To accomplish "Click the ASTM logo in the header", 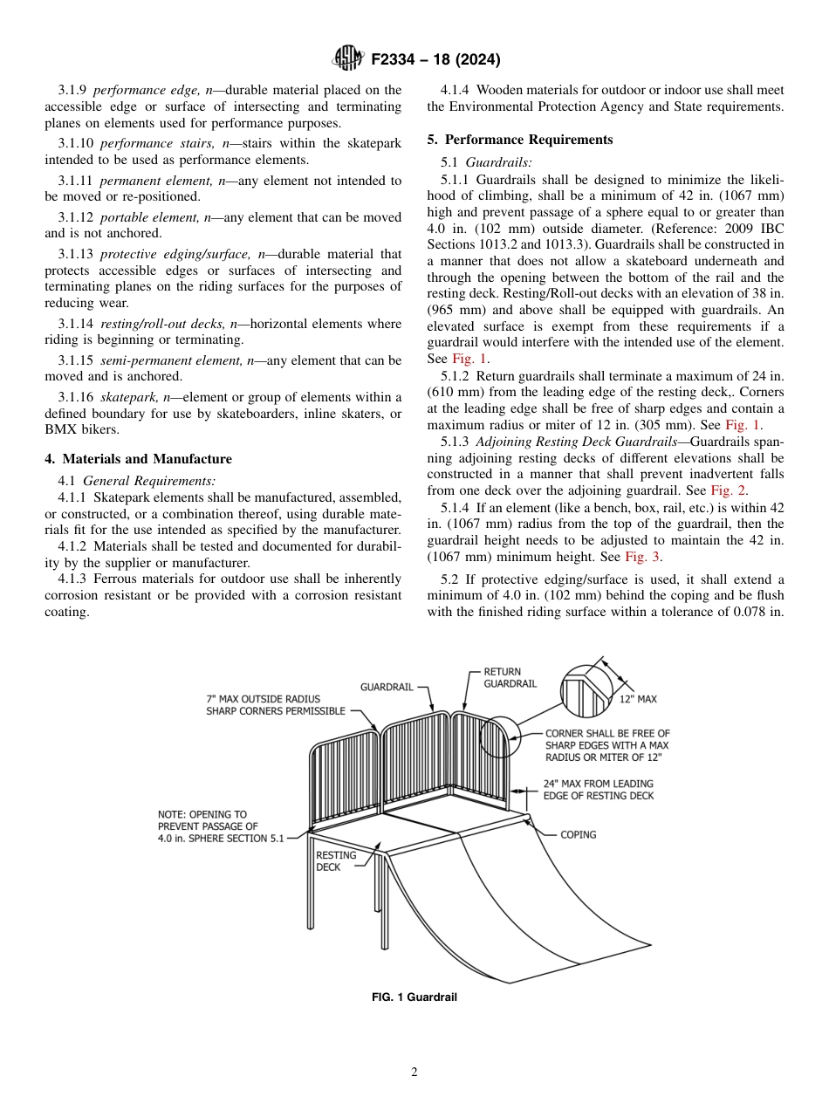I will coord(349,58).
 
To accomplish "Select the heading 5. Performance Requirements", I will coord(519,140).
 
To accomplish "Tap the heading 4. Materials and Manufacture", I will coord(139,459).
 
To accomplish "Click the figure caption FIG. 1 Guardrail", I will coord(414,997).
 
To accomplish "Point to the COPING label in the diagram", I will coord(578,835).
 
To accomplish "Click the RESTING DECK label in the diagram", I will coord(335,861).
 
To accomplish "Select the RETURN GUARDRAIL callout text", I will coord(510,678).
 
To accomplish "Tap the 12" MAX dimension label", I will coord(638,699).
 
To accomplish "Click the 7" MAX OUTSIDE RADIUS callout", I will coord(264,705).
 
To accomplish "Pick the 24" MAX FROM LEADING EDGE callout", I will coord(598,790).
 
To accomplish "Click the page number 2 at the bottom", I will coord(414,1072).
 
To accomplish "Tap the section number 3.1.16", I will coord(76,398).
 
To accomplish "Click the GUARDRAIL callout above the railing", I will coord(387,688).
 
